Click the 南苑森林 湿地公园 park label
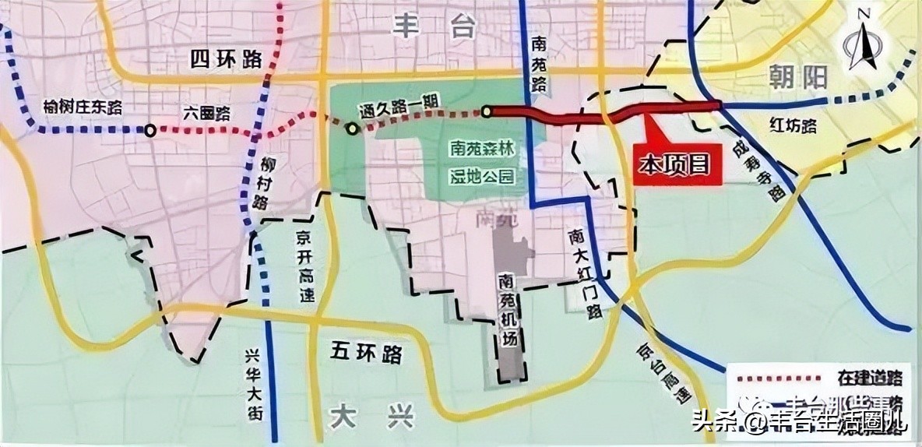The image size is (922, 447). tap(482, 162)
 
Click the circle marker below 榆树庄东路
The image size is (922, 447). tap(150, 130)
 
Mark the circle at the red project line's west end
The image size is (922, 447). tap(487, 112)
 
